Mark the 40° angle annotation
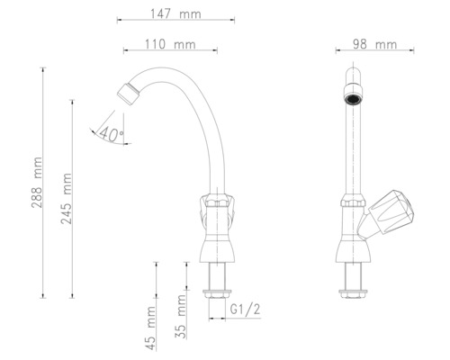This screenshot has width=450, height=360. tap(112, 134)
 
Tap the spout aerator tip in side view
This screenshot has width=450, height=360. tap(127, 91)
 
